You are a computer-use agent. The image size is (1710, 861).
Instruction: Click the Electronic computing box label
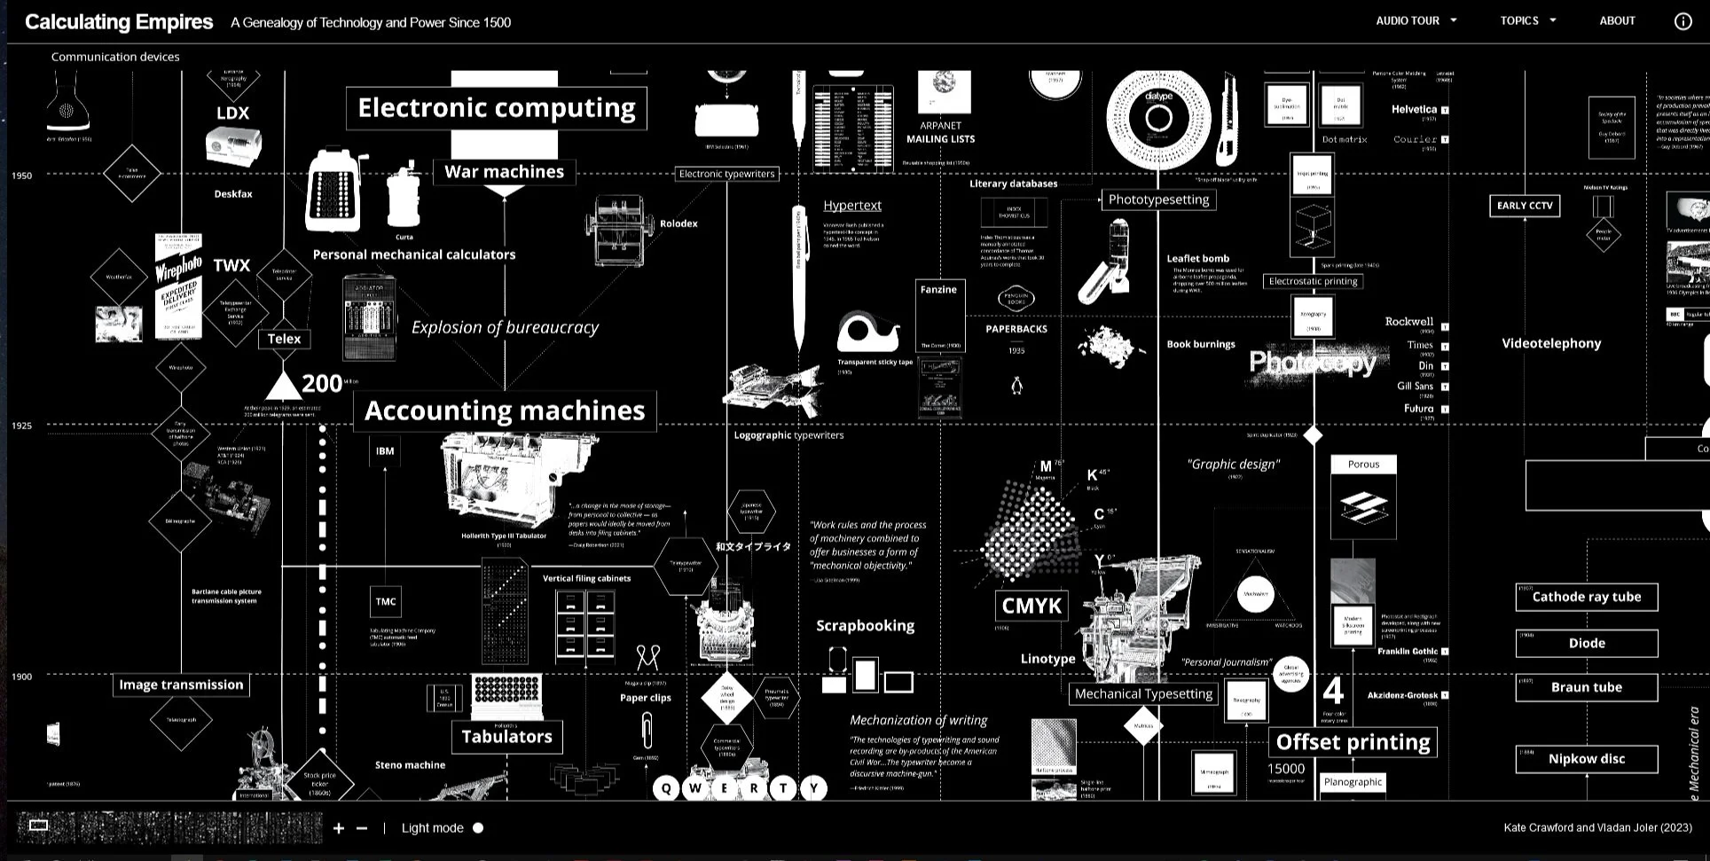(497, 108)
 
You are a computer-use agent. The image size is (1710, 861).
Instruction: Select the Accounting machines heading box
(505, 411)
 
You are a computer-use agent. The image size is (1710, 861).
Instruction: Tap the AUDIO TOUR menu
(1416, 20)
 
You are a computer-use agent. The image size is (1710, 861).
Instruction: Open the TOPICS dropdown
(1527, 20)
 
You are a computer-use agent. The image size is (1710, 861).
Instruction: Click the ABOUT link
(1617, 20)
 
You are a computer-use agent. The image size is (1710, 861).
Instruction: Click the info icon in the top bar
(1683, 21)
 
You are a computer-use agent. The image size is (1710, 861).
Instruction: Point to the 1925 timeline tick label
(21, 427)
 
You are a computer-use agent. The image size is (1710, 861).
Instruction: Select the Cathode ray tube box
(1586, 597)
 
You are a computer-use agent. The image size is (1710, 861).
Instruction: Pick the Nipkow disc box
(1586, 759)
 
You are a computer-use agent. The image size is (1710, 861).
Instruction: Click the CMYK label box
(1031, 607)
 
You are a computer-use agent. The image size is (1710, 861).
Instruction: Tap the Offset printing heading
(1353, 742)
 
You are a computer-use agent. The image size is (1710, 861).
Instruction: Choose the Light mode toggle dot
(478, 828)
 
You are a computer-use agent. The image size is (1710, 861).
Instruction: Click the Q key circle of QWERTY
(666, 788)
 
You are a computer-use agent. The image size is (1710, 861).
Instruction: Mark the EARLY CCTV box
(1525, 206)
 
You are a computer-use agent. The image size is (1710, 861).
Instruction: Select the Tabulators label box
(506, 737)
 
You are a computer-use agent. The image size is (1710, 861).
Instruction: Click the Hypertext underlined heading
(851, 206)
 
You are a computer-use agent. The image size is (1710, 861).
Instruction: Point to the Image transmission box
(181, 685)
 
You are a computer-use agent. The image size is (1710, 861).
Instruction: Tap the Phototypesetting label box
(1158, 200)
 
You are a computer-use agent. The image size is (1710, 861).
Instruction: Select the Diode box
(1586, 644)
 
